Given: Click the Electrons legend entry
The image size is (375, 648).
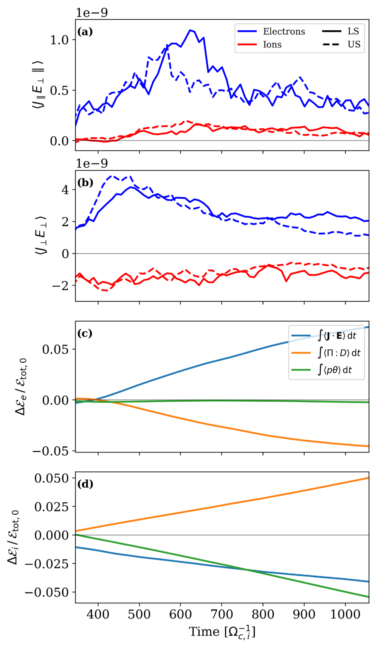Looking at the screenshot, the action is point(271,31).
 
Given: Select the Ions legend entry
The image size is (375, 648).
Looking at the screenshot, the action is point(259,44).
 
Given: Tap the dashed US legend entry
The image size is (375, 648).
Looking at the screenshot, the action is point(341,44).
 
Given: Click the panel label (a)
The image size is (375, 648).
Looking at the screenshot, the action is point(85,31).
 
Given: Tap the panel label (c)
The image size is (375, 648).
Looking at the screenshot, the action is point(85,333).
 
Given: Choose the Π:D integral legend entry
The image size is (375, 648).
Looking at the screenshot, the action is point(326,353).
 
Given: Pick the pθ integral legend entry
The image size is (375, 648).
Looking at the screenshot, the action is point(322,370).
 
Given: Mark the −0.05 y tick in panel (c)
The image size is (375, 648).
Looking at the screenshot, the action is point(50,451).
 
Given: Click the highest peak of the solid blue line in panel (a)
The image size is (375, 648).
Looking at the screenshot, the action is point(190,30).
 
